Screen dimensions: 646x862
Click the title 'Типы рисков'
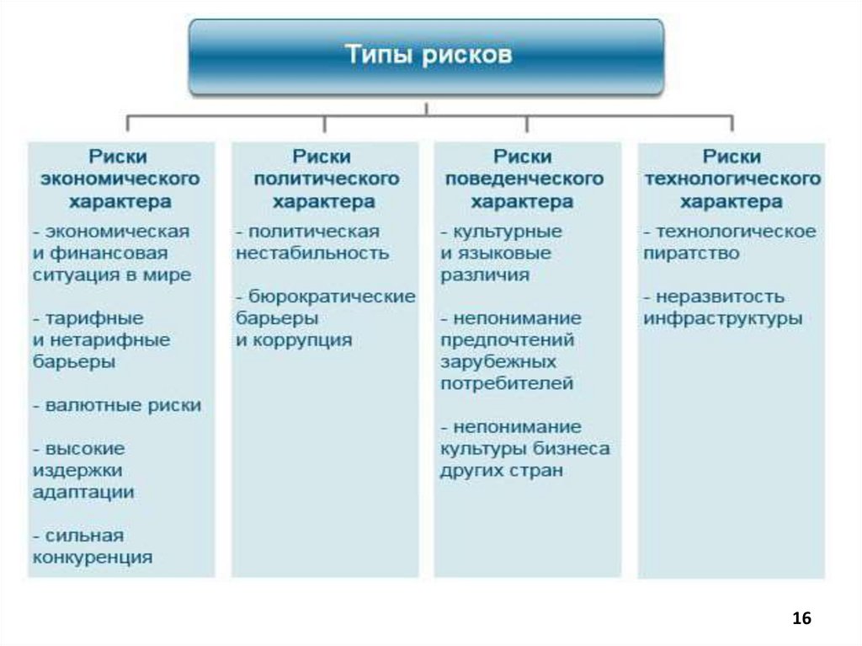427,56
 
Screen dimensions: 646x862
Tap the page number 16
801,618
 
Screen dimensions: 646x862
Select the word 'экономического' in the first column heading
120,179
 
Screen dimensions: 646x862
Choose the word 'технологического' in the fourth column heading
732,179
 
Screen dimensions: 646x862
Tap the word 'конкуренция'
93,558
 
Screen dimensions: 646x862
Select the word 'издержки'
77,470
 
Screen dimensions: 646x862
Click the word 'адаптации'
82,492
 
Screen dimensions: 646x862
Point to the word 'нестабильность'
312,253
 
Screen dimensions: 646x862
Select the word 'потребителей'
507,383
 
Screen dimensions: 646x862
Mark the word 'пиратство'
692,253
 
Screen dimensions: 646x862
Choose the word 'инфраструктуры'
723,319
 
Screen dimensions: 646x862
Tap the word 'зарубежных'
498,361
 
